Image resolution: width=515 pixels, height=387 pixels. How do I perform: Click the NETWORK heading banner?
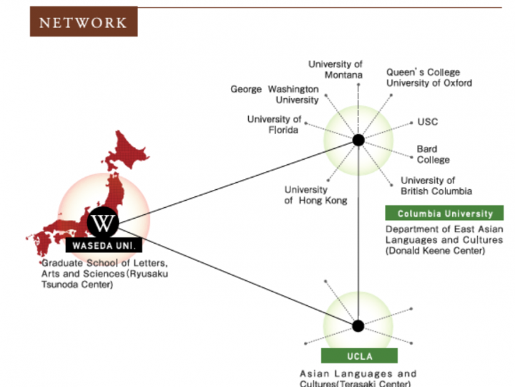(83, 21)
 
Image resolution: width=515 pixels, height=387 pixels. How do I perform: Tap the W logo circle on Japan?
(103, 223)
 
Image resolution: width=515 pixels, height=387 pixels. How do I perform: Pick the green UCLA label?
(358, 356)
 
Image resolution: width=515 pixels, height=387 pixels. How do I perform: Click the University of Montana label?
(335, 70)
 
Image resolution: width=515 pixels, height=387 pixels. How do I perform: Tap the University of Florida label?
(275, 124)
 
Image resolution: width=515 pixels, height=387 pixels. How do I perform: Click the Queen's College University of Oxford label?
(429, 77)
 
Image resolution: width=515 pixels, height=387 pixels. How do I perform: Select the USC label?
(428, 122)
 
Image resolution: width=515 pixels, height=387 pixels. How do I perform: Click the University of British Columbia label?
(436, 186)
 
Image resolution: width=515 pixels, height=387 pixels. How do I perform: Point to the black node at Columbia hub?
(358, 140)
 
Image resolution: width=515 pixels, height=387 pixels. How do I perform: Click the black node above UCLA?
(358, 326)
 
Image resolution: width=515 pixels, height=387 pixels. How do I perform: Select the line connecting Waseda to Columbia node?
(236, 181)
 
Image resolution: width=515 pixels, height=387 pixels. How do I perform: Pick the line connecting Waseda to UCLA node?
(236, 274)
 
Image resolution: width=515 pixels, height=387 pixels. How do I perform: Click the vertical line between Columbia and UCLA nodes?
(358, 236)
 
